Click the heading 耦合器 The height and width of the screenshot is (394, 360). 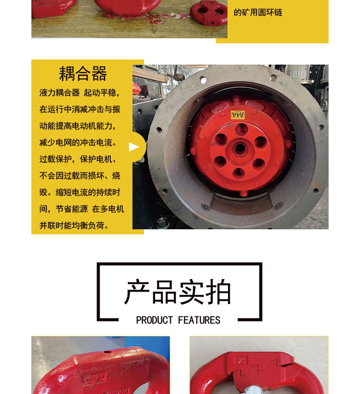pos(83,74)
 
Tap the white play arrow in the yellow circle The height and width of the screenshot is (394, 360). pos(134,147)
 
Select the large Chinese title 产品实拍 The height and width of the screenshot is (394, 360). pos(178,292)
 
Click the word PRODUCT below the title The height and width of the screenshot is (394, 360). pos(155,320)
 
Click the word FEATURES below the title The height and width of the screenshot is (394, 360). pos(199,320)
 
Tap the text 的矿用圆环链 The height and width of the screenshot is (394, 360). pos(258,12)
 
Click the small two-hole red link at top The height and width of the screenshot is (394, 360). pos(209,12)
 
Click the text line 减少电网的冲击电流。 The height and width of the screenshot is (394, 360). pos(78,143)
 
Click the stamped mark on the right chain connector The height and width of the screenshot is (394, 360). pos(241,359)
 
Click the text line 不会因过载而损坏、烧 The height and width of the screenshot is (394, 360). pos(80,176)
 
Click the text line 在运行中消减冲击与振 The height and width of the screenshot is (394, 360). pos(80,109)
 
